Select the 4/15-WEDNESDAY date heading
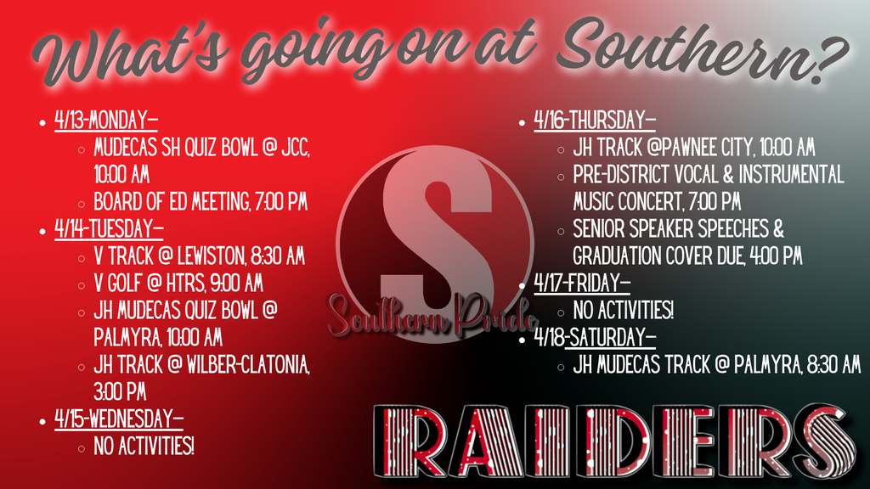(119, 419)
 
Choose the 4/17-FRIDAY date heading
(582, 284)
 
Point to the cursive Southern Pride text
(429, 316)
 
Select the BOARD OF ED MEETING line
(200, 203)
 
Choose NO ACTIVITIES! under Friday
(624, 311)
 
